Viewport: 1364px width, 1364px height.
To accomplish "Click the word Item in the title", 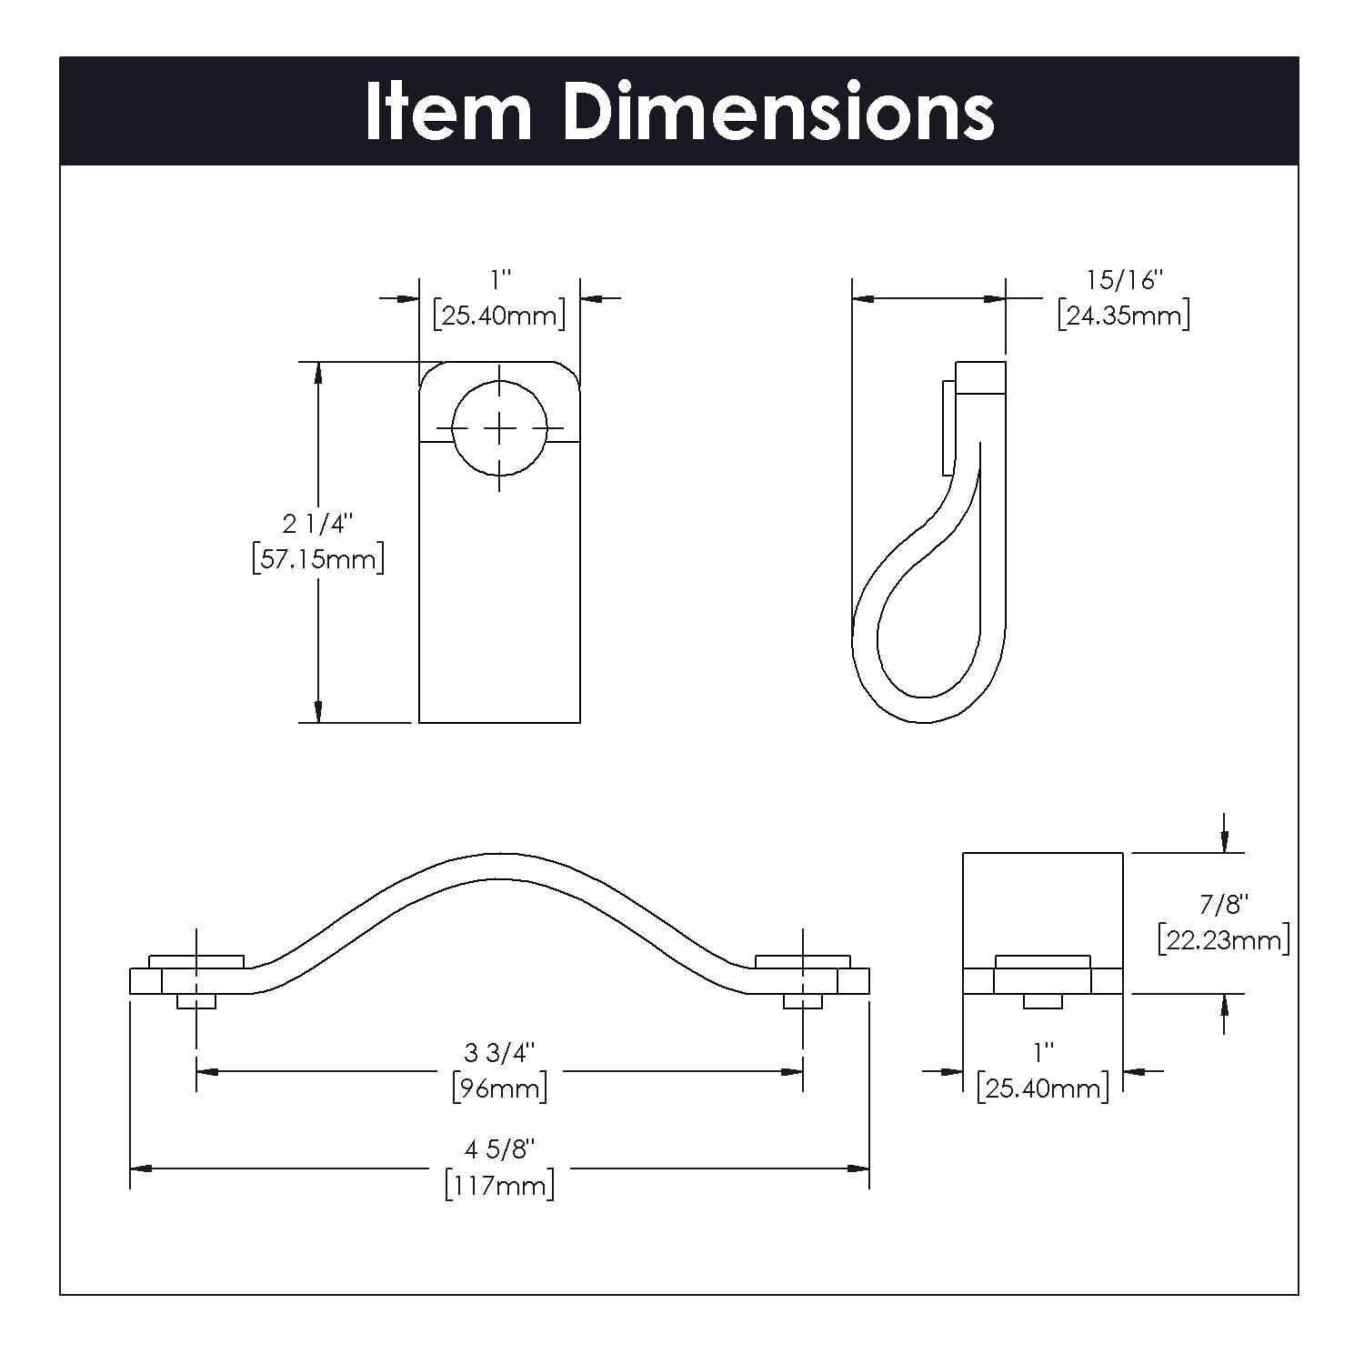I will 448,111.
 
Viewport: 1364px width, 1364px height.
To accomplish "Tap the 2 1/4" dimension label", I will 317,524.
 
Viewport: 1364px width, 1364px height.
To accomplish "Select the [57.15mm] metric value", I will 318,558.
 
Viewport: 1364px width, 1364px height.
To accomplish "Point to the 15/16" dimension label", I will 1124,280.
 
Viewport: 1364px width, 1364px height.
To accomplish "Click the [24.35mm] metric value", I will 1124,316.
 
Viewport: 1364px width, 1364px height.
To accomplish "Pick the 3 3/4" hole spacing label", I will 499,1052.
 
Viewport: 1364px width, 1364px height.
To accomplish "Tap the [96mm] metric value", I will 499,1088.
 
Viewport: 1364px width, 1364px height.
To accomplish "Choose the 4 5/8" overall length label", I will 499,1149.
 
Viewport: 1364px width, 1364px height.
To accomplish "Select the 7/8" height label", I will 1224,904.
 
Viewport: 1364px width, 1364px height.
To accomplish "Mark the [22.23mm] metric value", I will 1224,939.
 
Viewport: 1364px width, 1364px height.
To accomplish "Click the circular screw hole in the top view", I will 499,427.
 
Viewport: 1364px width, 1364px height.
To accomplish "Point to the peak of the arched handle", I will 499,866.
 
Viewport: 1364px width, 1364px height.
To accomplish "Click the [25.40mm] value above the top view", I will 499,316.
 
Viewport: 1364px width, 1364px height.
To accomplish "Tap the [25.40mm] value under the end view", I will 1043,1088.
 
